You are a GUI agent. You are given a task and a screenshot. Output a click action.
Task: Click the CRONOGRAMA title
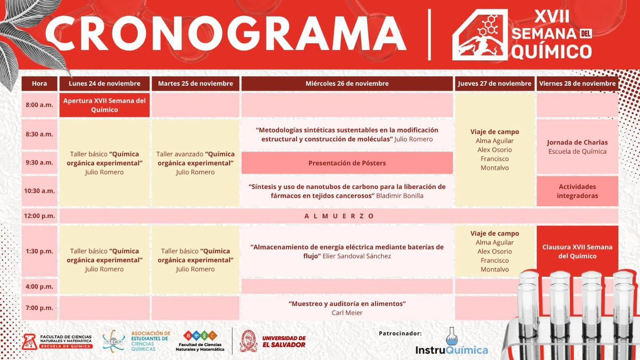[225, 33]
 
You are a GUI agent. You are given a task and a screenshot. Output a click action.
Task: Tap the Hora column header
[40, 84]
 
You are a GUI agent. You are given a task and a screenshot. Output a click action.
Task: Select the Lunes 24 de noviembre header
[104, 84]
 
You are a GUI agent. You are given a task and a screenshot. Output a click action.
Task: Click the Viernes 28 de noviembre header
[577, 84]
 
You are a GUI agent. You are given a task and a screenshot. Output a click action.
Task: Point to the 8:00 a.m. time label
[39, 105]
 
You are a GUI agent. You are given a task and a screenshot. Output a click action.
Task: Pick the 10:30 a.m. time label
[39, 191]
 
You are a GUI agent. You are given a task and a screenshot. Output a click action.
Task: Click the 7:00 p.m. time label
[39, 308]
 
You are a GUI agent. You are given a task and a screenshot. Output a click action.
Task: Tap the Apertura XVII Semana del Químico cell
[104, 105]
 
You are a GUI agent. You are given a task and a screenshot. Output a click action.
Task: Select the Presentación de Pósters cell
[347, 163]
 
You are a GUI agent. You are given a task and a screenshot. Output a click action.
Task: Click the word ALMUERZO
[340, 216]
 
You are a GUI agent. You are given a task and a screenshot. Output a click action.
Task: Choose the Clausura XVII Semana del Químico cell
[577, 251]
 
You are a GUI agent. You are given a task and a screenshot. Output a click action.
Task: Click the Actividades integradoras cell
[577, 191]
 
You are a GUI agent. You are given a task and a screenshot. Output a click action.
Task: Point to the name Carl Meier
[347, 313]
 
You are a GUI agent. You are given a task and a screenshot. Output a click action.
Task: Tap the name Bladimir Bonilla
[400, 196]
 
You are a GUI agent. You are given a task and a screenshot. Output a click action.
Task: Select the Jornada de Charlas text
[577, 143]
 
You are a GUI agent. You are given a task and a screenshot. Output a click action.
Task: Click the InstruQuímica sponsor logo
[452, 344]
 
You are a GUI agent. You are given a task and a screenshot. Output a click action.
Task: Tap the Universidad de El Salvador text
[284, 341]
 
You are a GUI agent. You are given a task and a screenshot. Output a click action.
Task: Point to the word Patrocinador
[400, 333]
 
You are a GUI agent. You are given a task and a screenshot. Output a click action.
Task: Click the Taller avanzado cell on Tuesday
[196, 163]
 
